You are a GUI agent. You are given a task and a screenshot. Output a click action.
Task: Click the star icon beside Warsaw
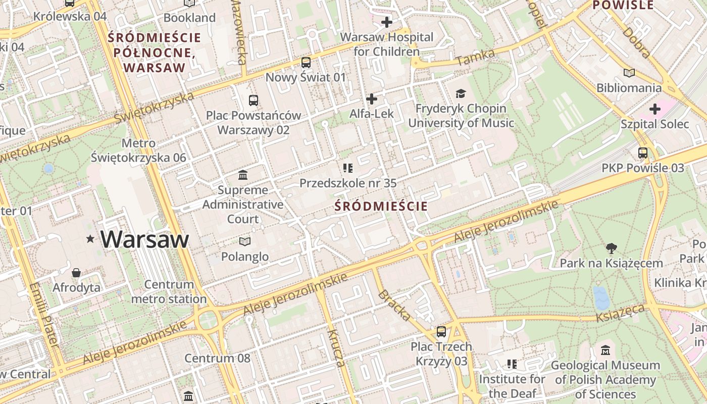90,238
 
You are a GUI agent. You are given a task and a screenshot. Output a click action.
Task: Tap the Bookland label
189,18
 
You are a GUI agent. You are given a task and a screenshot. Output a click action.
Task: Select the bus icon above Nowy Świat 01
306,63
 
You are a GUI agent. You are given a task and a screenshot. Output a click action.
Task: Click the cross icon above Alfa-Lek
372,99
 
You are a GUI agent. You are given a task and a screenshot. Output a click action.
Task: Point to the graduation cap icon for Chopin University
460,93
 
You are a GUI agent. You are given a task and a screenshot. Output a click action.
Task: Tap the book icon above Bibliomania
629,73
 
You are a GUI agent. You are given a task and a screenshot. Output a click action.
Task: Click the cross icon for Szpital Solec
654,109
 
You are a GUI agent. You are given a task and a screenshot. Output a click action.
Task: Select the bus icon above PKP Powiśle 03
642,153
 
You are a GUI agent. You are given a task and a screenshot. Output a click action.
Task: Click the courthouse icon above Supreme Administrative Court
243,175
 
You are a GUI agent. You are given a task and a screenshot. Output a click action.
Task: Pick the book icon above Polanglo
245,241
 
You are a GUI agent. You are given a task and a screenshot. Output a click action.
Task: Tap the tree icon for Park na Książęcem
611,248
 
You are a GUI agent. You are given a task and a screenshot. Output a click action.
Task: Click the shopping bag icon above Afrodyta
76,273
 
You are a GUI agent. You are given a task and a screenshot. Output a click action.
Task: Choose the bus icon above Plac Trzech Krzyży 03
441,332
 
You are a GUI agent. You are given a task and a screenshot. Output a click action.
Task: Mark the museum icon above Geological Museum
605,350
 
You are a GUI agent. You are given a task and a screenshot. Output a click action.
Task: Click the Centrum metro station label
169,292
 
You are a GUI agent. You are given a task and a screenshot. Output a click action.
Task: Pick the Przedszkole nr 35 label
348,183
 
